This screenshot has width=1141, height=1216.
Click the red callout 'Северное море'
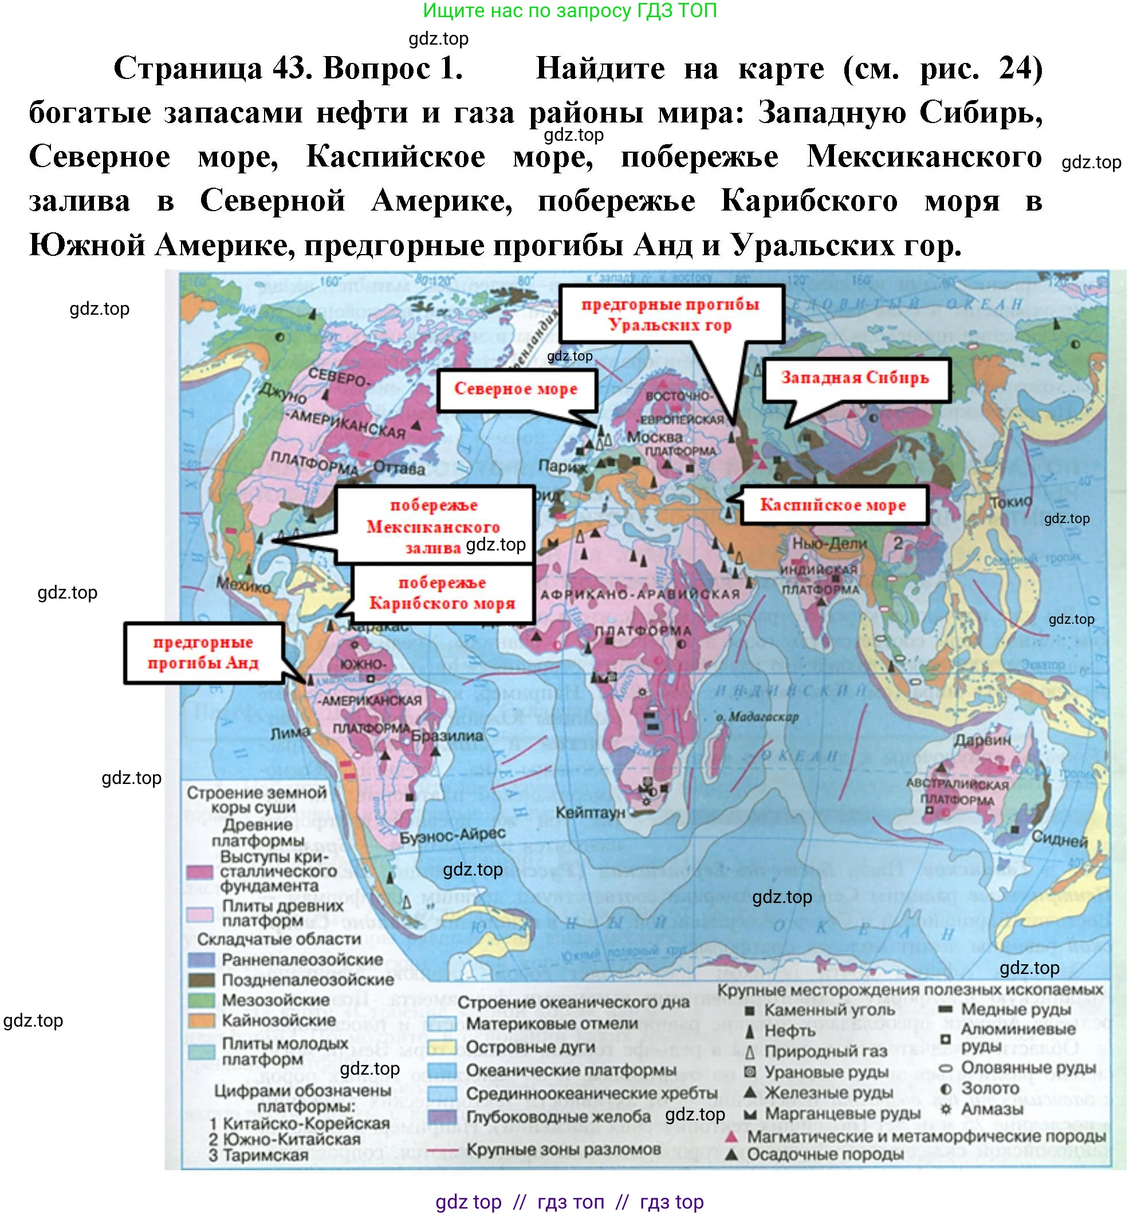(516, 390)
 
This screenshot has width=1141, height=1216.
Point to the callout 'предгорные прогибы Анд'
(203, 653)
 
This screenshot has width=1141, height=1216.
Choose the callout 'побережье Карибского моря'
(442, 593)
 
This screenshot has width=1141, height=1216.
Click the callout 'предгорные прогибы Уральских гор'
(670, 314)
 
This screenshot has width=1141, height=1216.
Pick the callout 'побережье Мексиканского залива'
(434, 526)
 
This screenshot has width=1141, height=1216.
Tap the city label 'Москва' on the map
(654, 438)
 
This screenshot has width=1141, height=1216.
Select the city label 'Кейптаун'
(590, 813)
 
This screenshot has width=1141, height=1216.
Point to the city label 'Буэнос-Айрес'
(453, 835)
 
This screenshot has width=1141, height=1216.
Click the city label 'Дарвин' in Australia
(982, 739)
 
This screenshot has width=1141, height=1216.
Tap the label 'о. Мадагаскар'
(757, 717)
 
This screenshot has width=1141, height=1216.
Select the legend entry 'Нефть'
(790, 1031)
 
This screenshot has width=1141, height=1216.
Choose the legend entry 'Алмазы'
(992, 1108)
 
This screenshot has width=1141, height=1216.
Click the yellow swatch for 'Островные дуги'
(442, 1047)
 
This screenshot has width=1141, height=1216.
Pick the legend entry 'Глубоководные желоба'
(558, 1117)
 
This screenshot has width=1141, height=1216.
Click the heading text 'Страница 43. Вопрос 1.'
(288, 68)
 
